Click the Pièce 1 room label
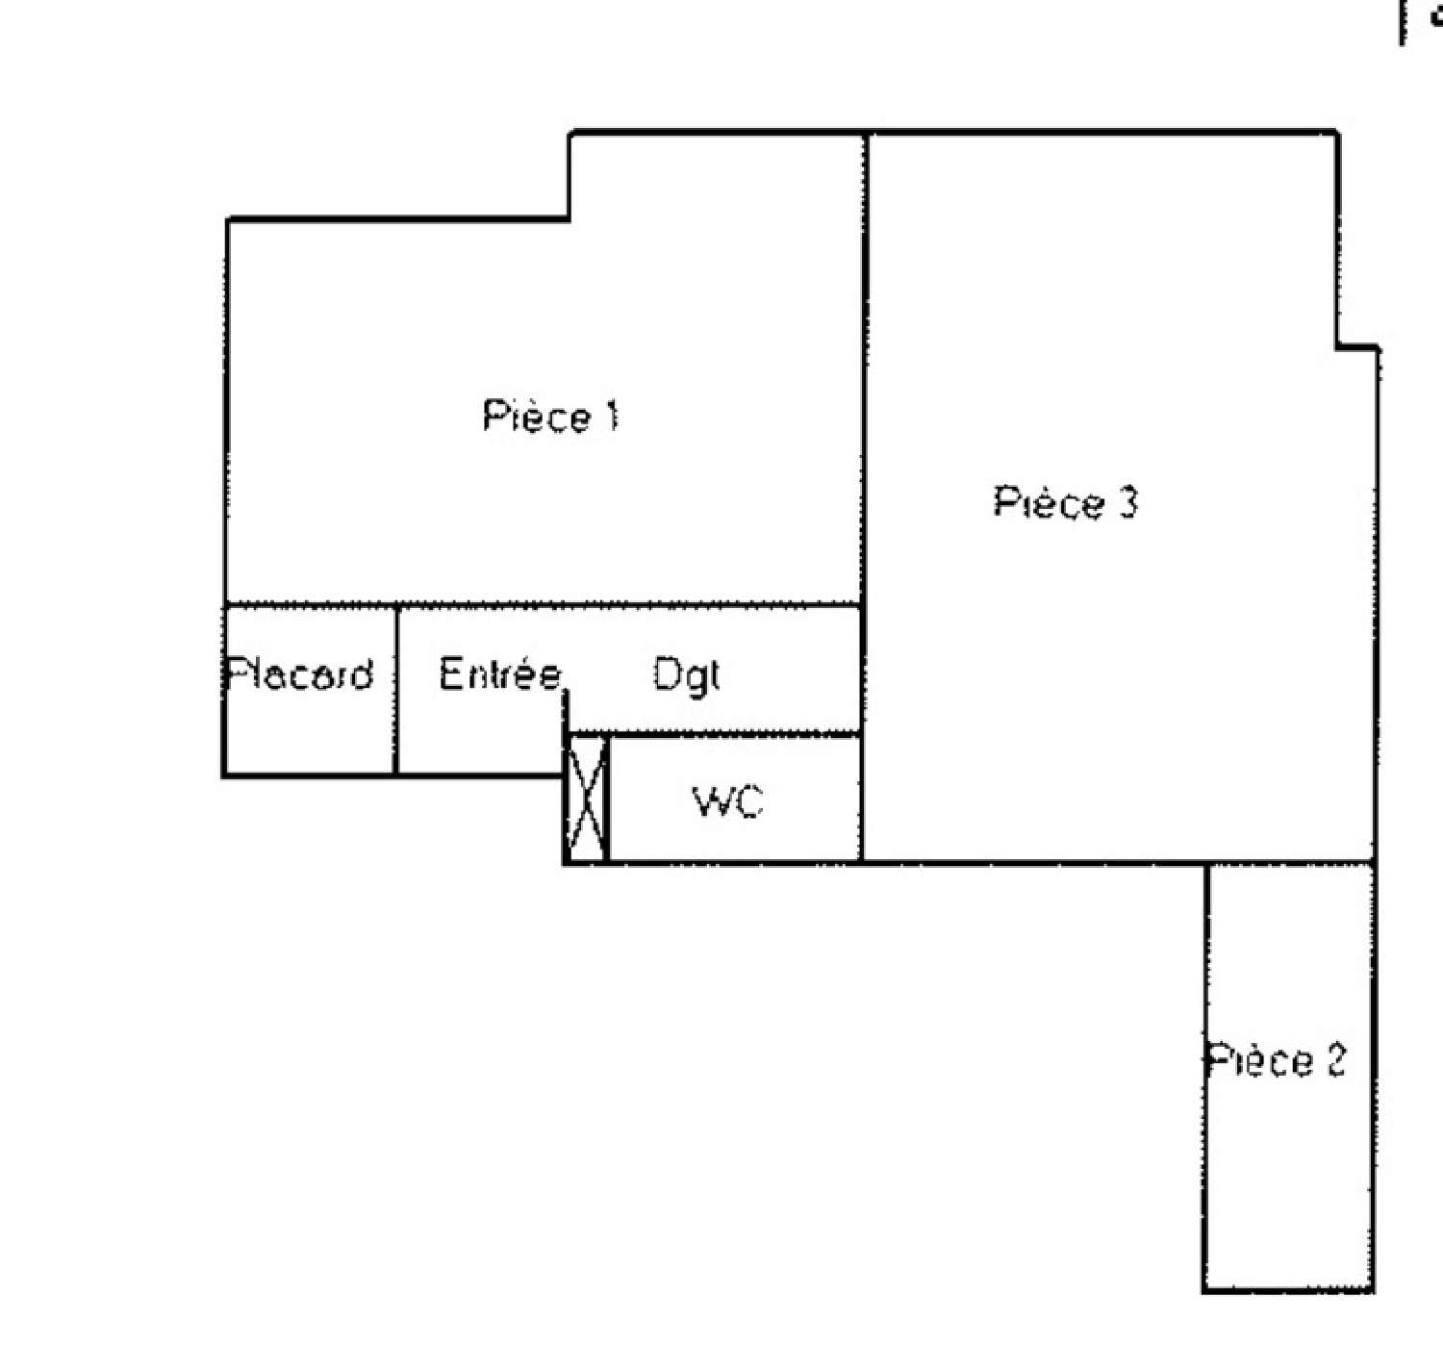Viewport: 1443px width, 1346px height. [550, 417]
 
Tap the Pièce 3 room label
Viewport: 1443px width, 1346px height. [1065, 501]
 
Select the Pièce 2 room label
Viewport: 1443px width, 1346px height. [1276, 1060]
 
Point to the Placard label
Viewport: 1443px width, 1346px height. [299, 673]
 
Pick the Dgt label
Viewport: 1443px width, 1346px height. [687, 675]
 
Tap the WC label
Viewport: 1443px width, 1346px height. [728, 801]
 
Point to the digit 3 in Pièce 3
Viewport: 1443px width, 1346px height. [1127, 502]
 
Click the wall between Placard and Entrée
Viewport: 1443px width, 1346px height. [396, 689]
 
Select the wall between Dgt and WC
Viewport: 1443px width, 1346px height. [714, 734]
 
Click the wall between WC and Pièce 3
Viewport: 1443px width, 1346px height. [862, 798]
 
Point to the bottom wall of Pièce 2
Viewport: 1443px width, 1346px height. [1287, 1290]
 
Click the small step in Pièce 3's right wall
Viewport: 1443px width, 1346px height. [1357, 347]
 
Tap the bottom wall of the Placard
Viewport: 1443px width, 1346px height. [310, 775]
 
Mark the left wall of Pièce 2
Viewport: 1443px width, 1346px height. [1206, 1078]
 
